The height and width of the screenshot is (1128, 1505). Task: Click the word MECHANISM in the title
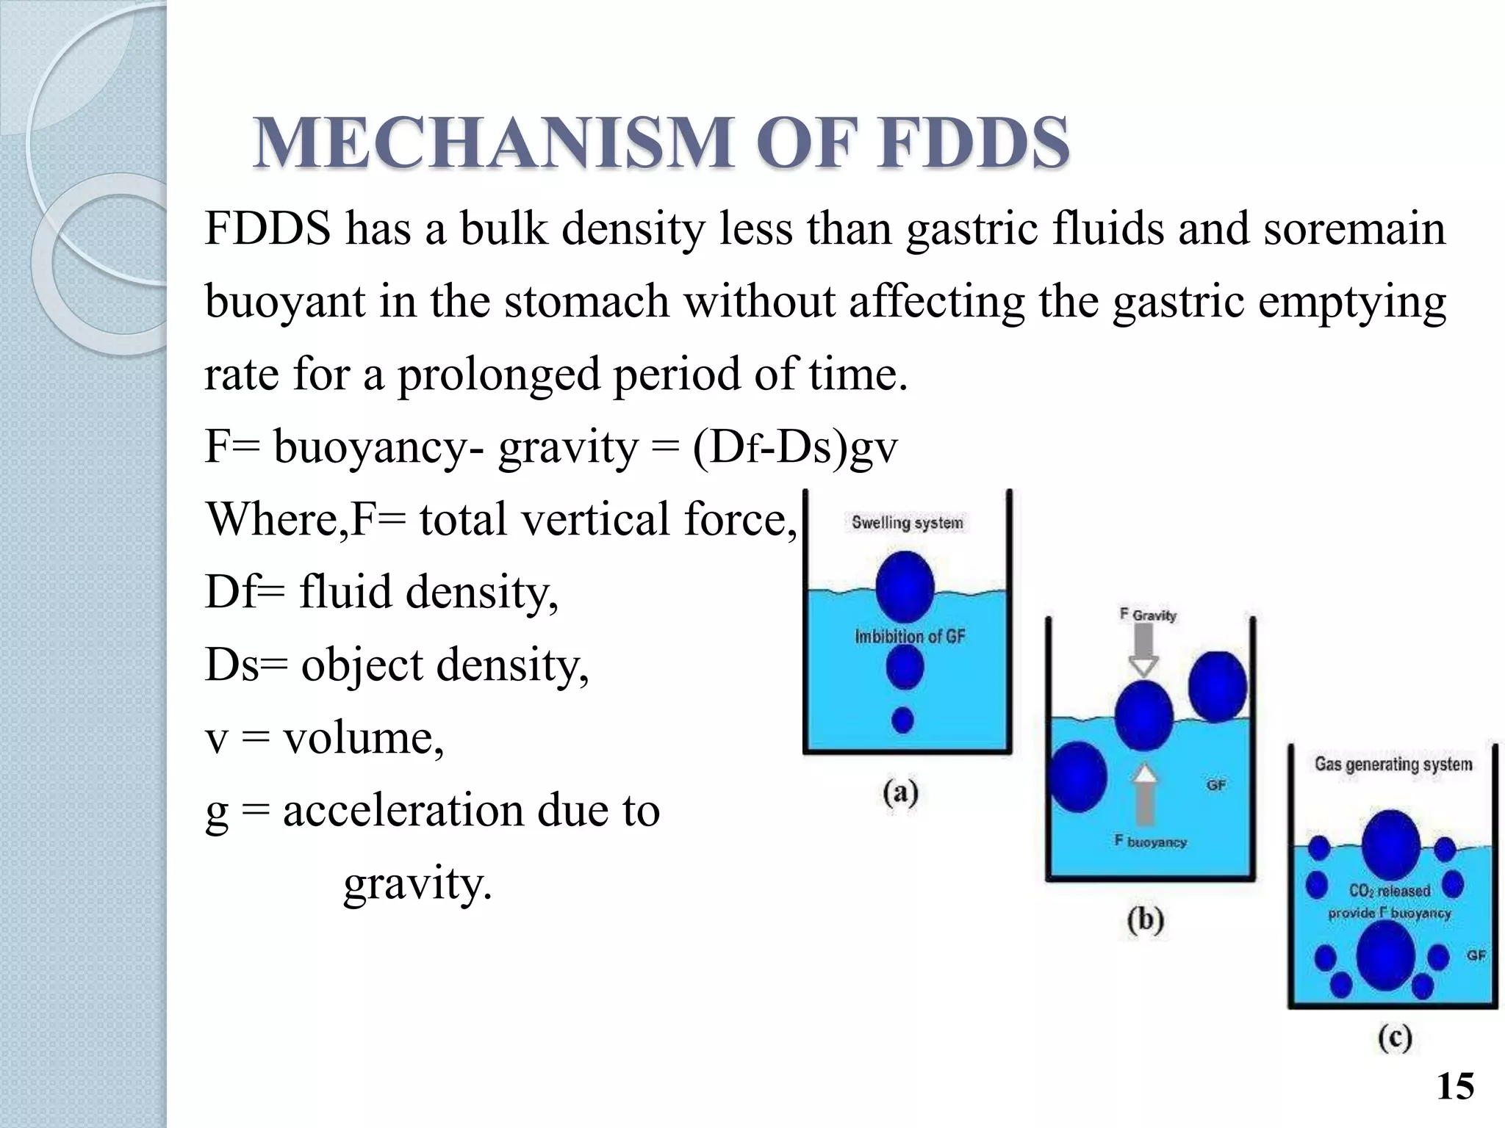492,143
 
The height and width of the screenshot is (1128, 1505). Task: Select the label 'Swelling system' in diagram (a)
907,523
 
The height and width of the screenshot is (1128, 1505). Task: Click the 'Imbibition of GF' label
910,636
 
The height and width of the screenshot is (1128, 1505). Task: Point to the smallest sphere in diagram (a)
902,720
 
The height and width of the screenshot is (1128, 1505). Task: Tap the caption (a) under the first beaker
901,794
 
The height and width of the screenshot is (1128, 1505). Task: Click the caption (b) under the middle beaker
1145,921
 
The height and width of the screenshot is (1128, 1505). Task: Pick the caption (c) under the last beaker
1394,1038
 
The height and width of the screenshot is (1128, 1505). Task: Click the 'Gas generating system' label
1393,764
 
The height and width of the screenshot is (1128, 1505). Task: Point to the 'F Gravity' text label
1148,615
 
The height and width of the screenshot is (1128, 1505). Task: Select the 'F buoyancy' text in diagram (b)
1151,842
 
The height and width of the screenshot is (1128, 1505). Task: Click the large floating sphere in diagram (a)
905,587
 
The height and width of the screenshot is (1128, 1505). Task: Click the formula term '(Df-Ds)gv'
794,446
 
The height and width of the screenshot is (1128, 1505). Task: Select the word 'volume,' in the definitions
364,737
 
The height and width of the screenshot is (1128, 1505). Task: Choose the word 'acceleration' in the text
403,810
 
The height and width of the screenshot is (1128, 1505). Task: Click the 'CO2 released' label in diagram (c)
1389,891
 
